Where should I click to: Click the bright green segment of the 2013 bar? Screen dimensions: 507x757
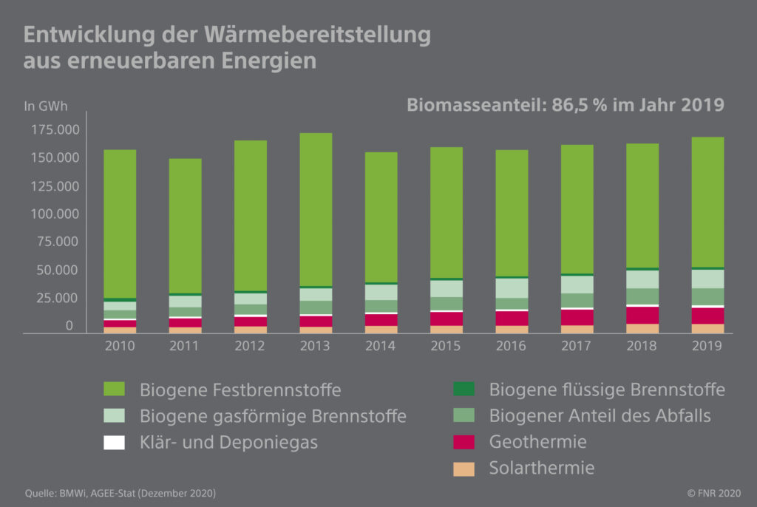coord(316,209)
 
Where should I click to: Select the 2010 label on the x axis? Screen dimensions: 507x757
coord(120,345)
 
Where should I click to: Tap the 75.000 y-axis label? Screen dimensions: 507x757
coord(52,242)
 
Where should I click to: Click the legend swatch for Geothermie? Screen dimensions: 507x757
coord(464,442)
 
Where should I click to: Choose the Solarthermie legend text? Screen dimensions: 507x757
coord(542,468)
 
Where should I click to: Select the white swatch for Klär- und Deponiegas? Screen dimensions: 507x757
coord(114,442)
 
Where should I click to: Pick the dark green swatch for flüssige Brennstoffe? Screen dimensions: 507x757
coord(464,389)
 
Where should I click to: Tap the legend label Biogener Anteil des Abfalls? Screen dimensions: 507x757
coord(600,415)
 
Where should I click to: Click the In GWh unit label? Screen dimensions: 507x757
coord(46,106)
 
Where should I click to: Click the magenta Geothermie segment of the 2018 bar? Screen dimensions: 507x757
coord(642,315)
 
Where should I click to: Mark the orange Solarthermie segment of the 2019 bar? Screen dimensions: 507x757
coord(707,328)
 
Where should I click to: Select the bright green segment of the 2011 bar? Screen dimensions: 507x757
coord(185,225)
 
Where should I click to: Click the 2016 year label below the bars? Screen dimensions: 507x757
coord(512,345)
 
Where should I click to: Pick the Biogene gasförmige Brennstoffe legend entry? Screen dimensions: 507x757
coord(273,415)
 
